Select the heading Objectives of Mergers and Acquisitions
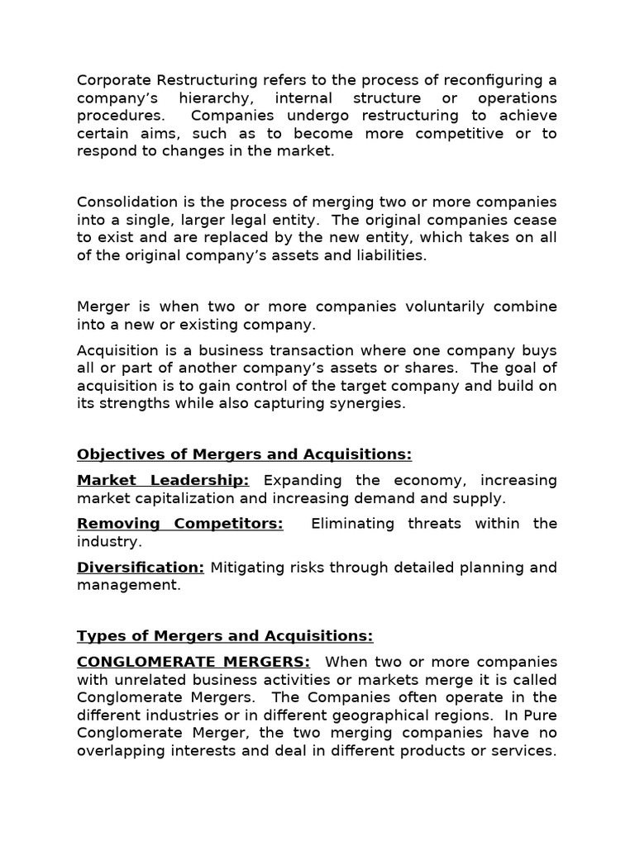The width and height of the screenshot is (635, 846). pos(244,454)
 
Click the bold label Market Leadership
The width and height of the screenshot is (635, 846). pos(163,480)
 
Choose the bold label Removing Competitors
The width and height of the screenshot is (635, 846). pos(179,524)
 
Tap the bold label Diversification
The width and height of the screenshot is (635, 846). pos(141,567)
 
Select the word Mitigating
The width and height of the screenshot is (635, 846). pos(245,567)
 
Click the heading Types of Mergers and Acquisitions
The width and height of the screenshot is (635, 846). pos(225,635)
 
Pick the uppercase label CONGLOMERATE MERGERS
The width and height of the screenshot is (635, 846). pos(193,662)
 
